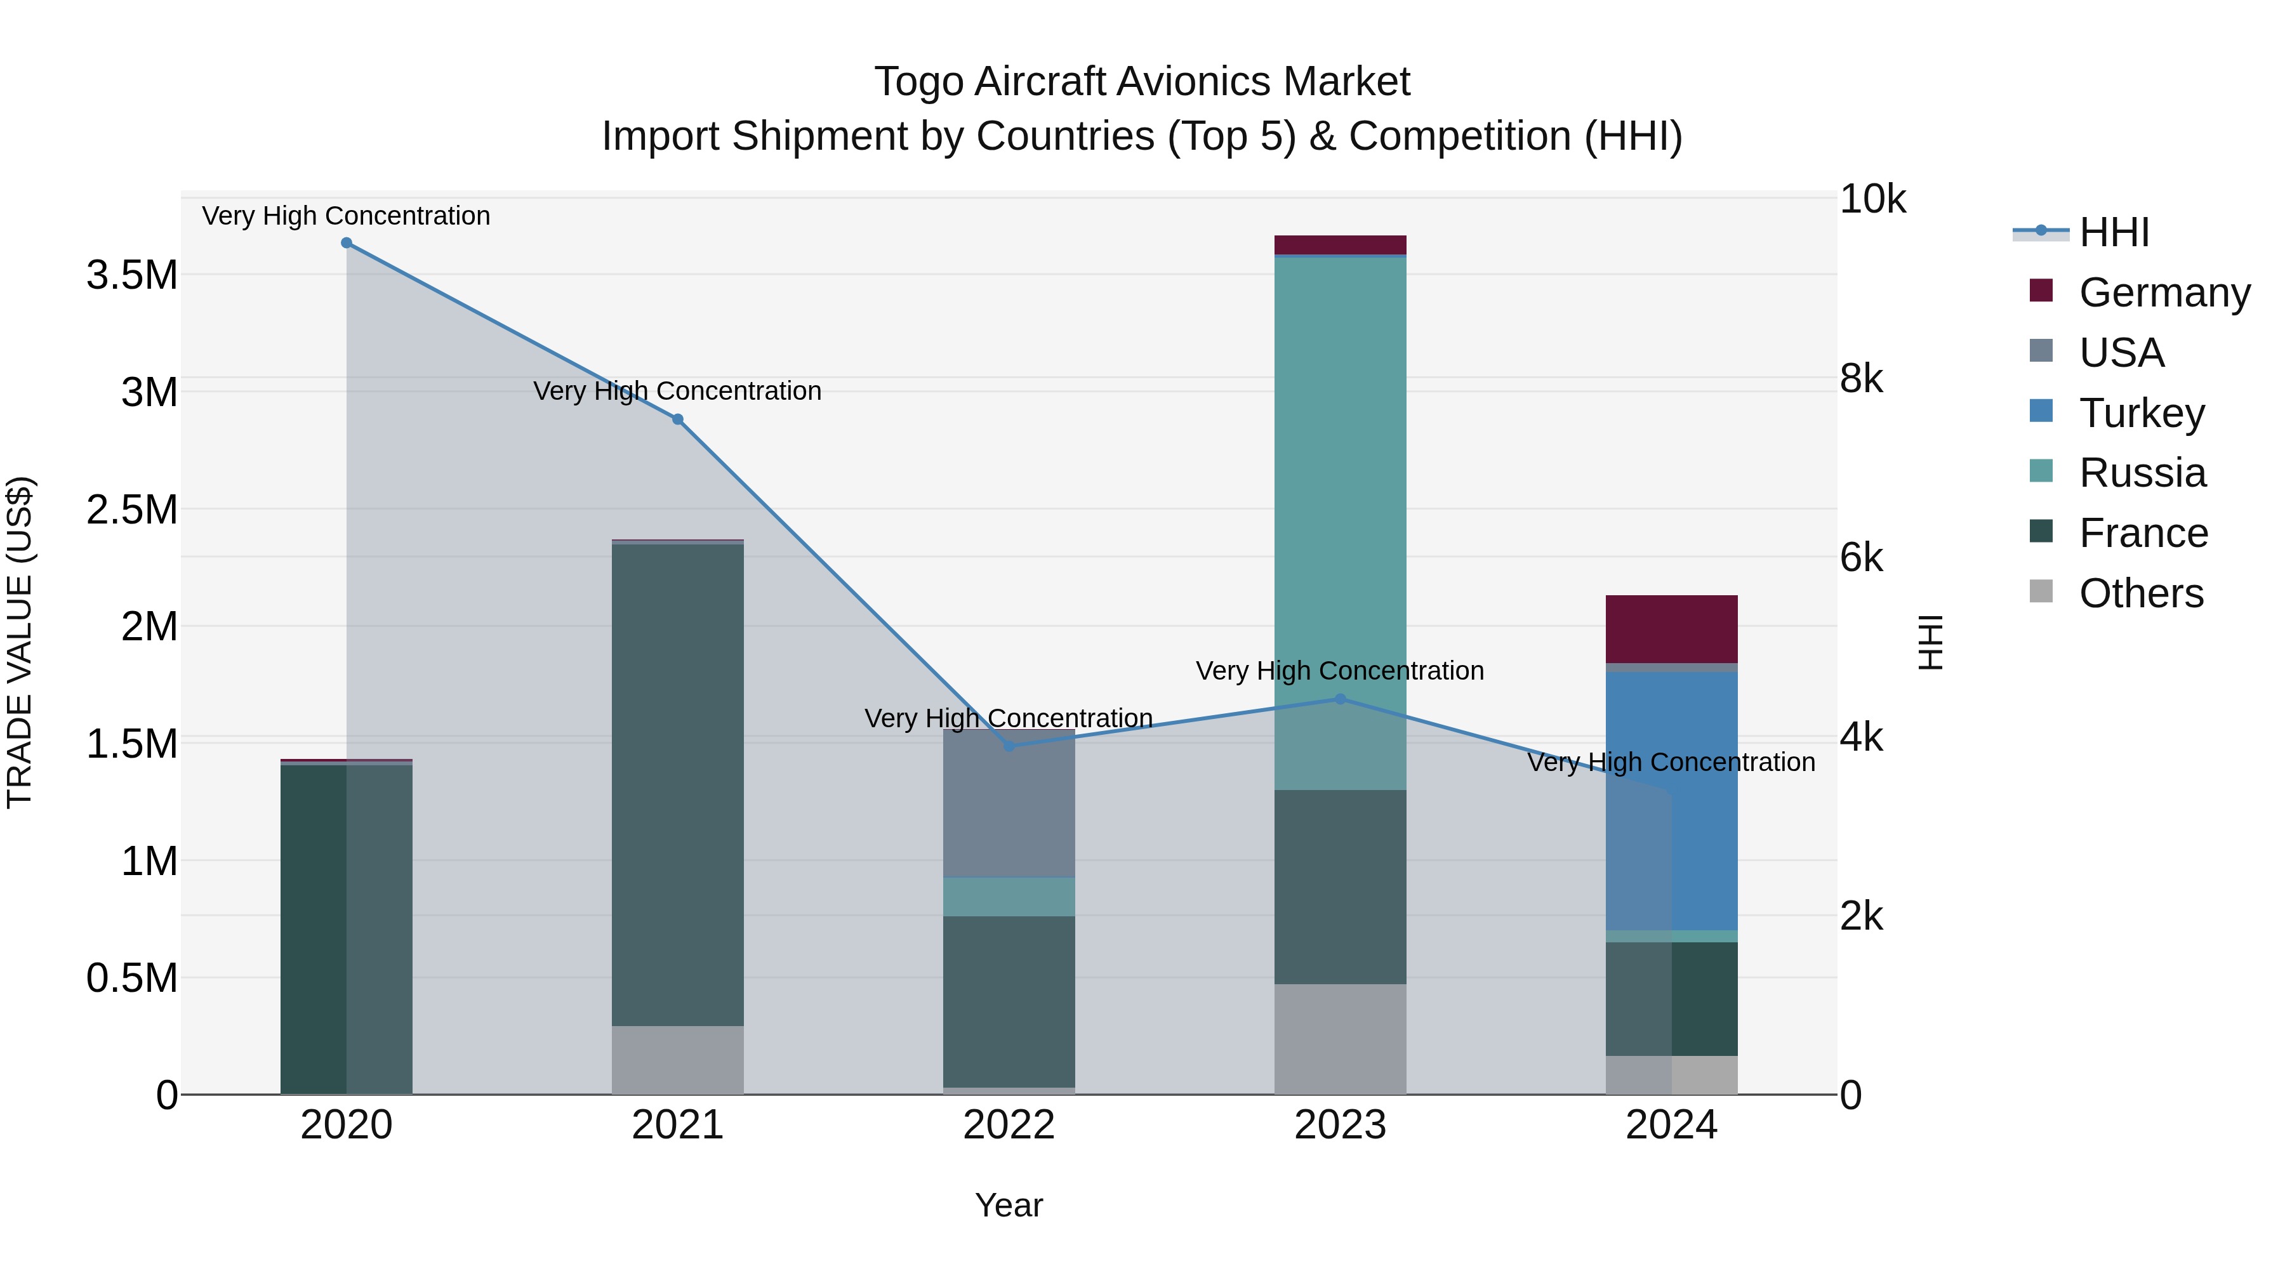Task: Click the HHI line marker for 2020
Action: [x=347, y=243]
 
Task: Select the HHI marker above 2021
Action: [x=678, y=419]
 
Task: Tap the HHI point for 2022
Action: [x=1009, y=746]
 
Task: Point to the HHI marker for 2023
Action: [x=1341, y=699]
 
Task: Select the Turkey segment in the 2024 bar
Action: [x=1671, y=798]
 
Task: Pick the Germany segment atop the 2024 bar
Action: [x=1671, y=629]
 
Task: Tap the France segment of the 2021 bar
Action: [x=678, y=785]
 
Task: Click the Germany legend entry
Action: [x=2164, y=293]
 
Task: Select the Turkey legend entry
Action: [x=2142, y=413]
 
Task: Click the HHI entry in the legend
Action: [x=2114, y=232]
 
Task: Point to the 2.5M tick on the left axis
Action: [x=131, y=510]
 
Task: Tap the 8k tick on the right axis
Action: [x=1861, y=379]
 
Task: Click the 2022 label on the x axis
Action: [x=1009, y=1125]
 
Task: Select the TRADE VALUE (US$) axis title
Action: [x=20, y=642]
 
